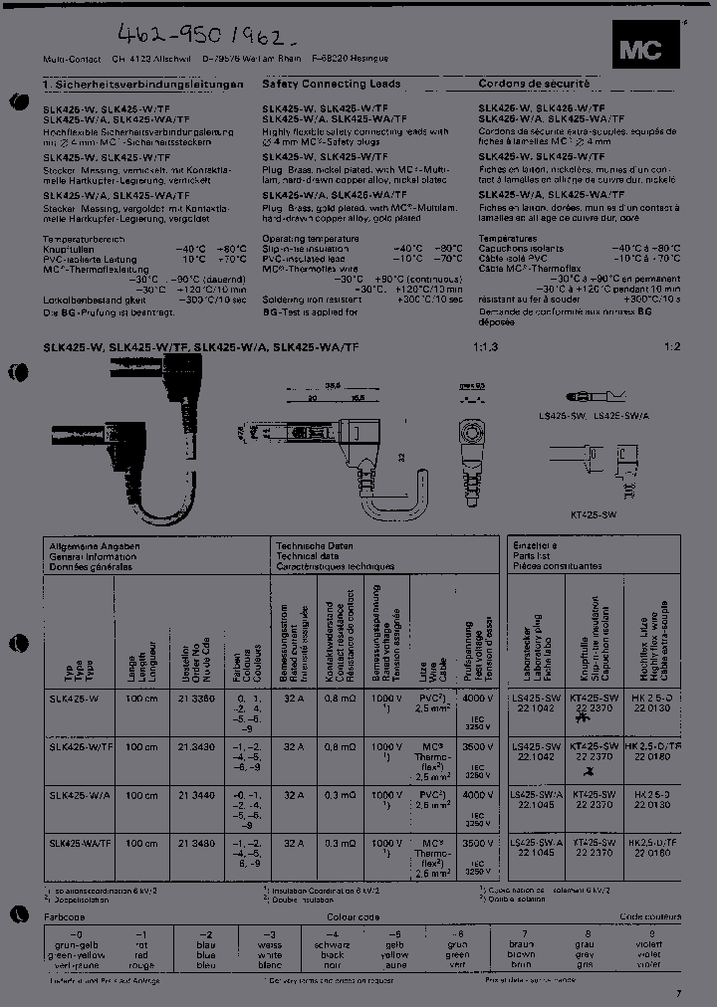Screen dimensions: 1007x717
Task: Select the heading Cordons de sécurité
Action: click(534, 85)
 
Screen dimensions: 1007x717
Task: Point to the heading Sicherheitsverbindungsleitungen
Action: click(146, 86)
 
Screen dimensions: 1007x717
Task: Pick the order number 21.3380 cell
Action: click(195, 699)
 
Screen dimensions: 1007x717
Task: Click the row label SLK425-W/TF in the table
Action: click(81, 746)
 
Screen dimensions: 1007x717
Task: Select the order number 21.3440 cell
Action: click(195, 795)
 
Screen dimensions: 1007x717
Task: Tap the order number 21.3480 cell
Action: click(195, 843)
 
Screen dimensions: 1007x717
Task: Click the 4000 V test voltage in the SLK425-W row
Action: click(477, 699)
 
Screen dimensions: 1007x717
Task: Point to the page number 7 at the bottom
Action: click(679, 992)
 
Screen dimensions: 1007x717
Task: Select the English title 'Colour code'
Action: click(355, 915)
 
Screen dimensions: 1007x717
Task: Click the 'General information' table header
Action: click(94, 556)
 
